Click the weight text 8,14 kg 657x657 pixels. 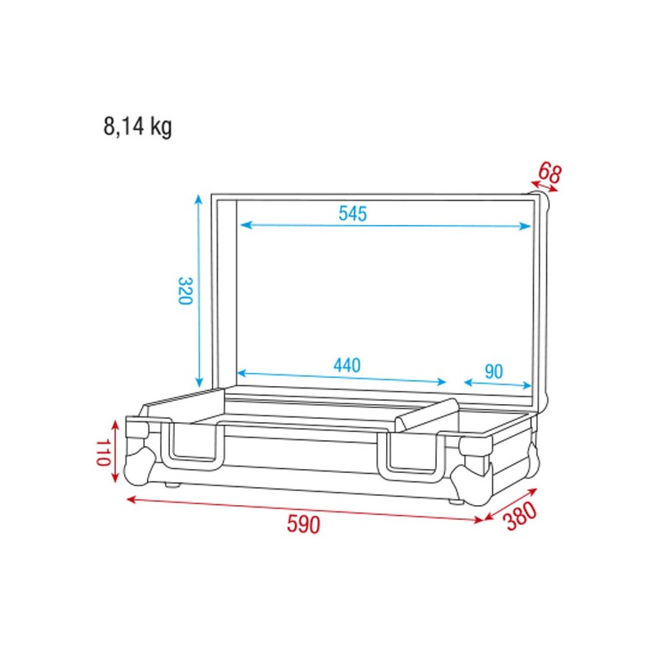click(137, 126)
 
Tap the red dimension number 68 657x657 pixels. click(549, 172)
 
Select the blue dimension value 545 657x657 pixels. click(352, 214)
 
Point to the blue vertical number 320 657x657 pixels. click(184, 291)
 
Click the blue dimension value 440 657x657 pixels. click(346, 364)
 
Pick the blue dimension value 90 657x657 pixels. click(493, 371)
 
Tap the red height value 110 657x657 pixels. click(103, 452)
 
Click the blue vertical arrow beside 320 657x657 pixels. click(199, 291)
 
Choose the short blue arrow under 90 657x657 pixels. click(498, 384)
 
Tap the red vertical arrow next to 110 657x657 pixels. click(117, 452)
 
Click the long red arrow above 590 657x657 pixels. click(304, 508)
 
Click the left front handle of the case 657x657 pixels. click(195, 445)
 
